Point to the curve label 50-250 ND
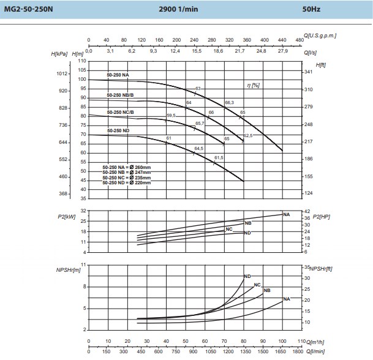pos(118,131)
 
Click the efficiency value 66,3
pos(230,102)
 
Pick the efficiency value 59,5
pos(171,115)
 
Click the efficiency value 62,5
pos(248,135)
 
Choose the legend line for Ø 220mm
pos(126,182)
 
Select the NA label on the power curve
pos(286,214)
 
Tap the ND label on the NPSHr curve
pos(247,276)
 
